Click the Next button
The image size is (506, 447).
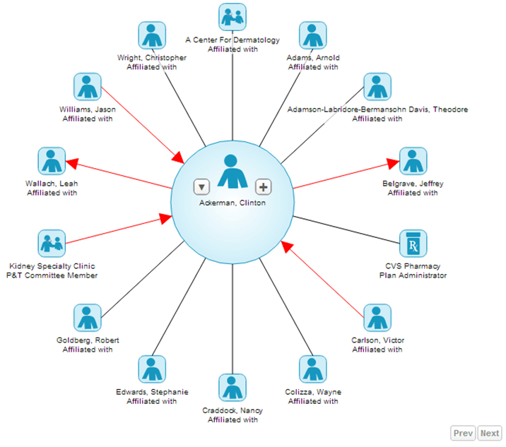coord(489,433)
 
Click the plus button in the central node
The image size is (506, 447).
coord(263,186)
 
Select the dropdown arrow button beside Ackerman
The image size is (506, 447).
coord(202,186)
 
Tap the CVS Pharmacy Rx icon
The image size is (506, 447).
coord(413,244)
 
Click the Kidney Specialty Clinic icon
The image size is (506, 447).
coord(52,244)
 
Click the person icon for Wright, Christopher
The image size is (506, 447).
coord(151,35)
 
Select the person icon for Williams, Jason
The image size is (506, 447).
coord(88,87)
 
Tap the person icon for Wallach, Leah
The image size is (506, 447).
coord(52,161)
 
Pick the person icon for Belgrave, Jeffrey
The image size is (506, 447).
coord(413,161)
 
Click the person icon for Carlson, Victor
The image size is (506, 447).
coord(377,318)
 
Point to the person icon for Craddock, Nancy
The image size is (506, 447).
coord(233,388)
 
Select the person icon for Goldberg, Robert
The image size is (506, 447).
coord(88,318)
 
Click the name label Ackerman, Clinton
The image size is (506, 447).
coord(233,203)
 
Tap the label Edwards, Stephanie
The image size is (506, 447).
coord(151,392)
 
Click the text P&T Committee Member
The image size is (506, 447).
coord(52,275)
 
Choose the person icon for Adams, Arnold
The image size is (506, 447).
coord(313,35)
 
